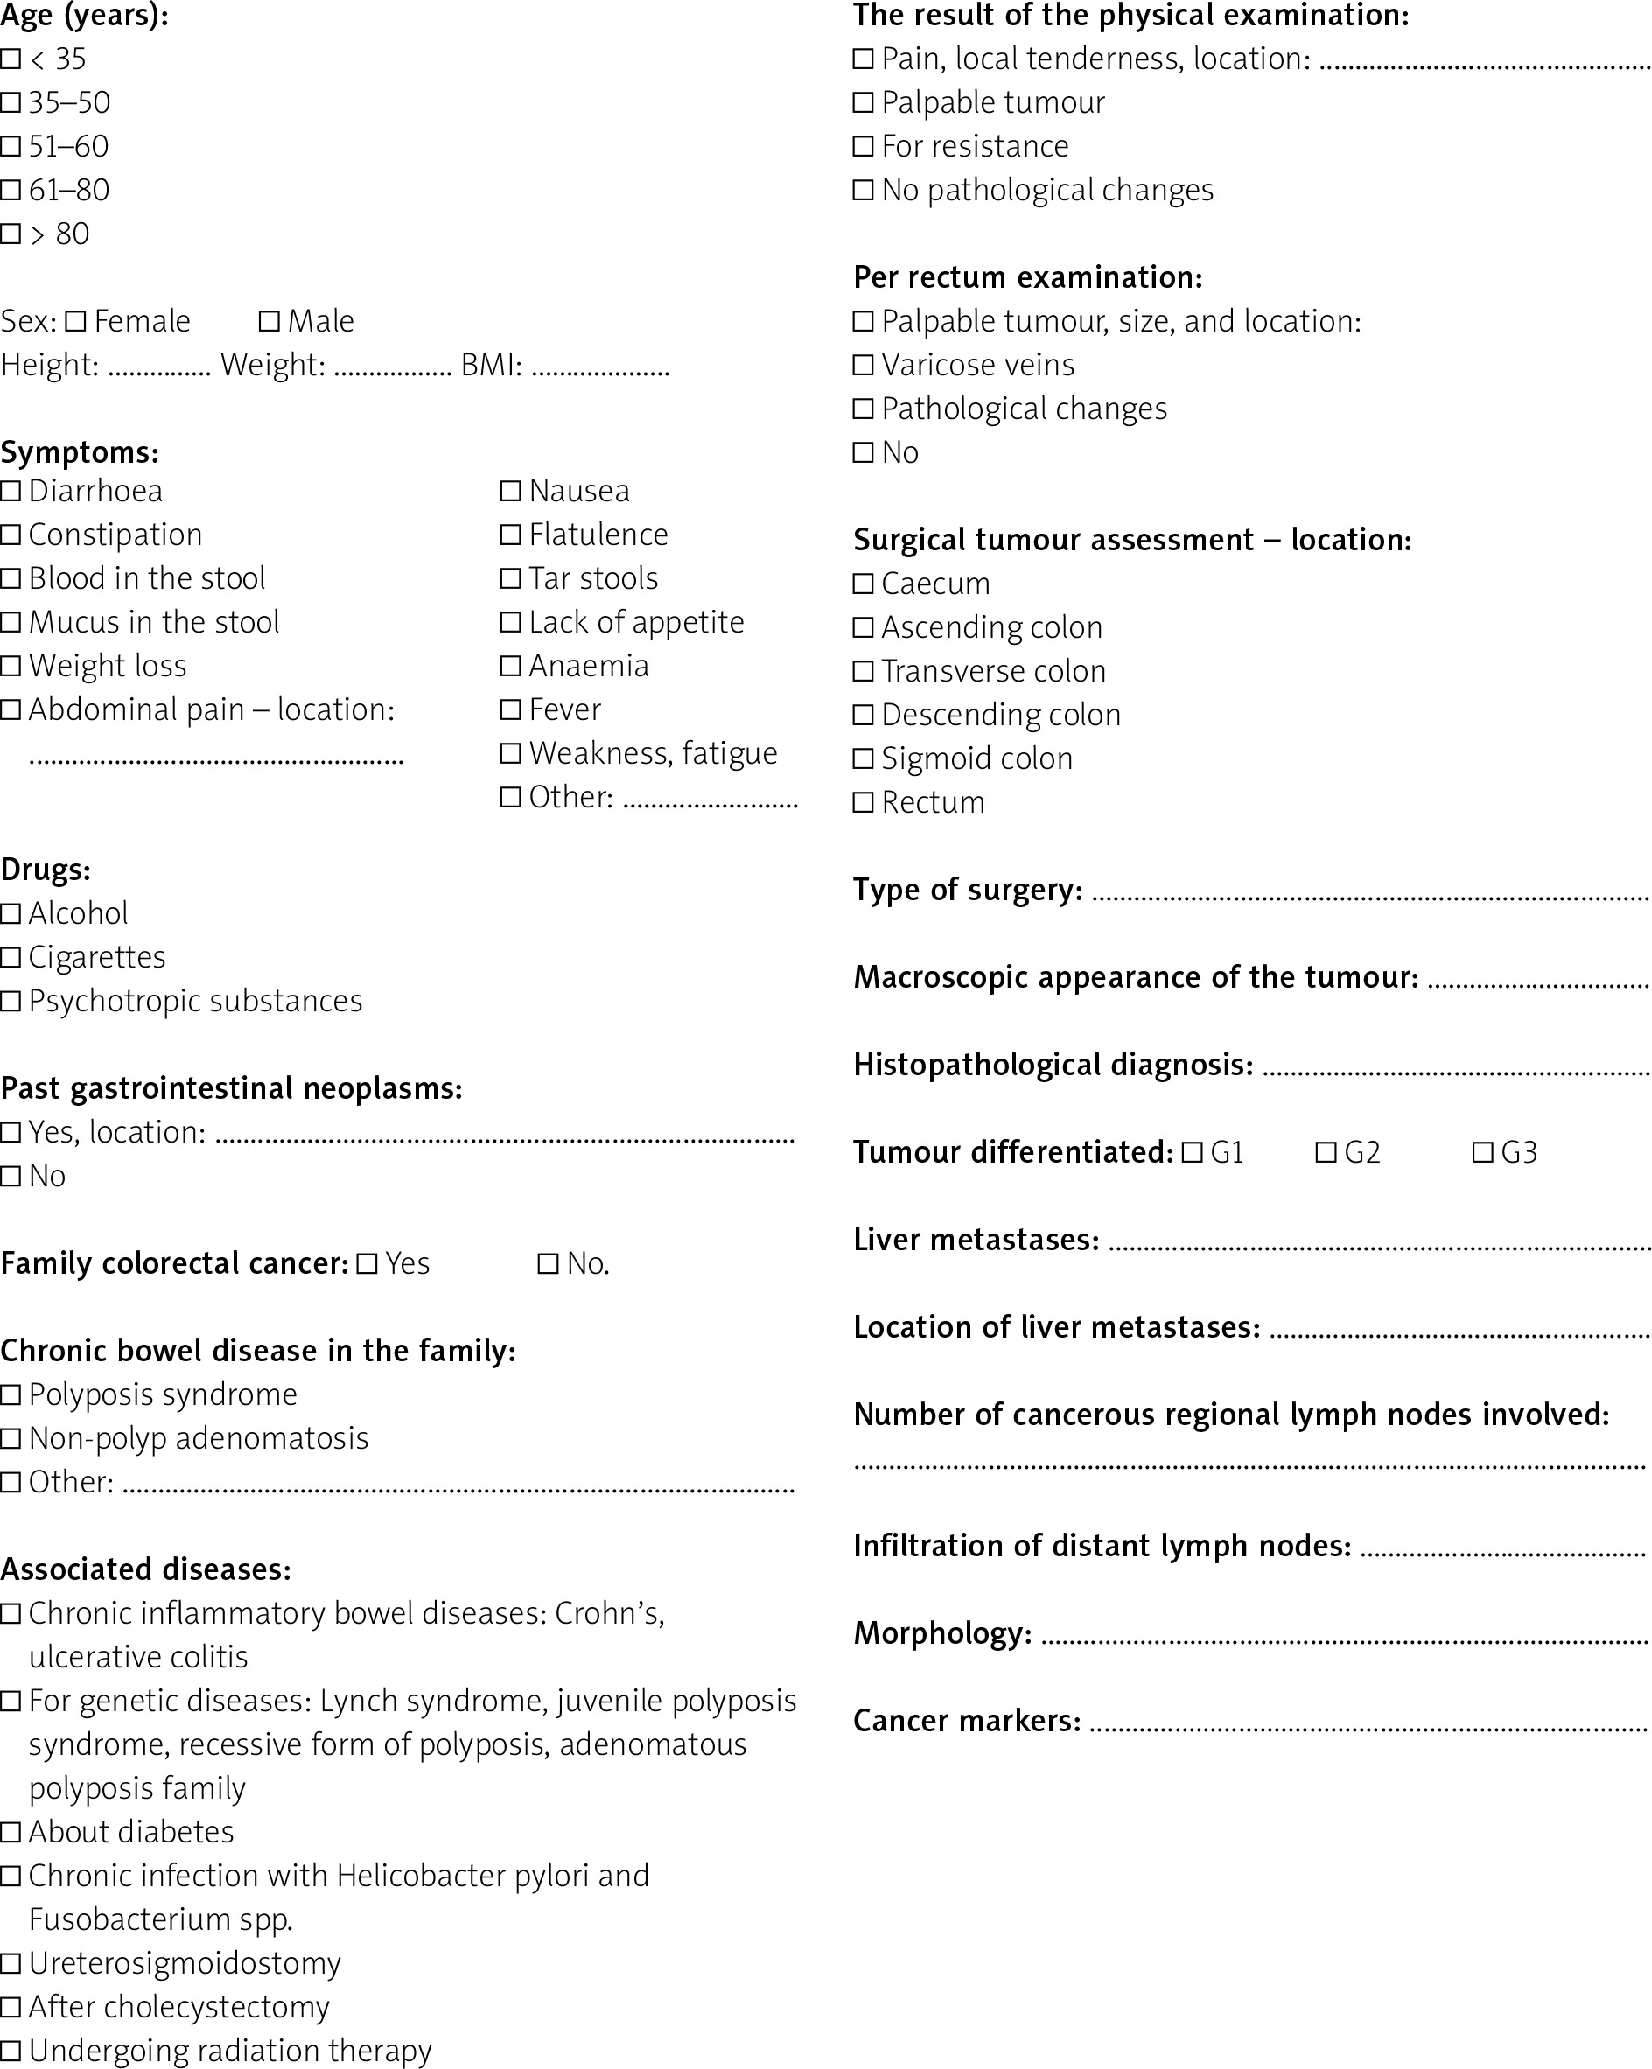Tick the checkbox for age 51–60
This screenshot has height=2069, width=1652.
point(10,147)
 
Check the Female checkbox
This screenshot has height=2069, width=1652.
point(76,321)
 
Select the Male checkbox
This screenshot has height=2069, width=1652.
point(269,321)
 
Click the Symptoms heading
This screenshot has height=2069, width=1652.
point(80,452)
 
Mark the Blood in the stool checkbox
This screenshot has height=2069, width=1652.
point(10,578)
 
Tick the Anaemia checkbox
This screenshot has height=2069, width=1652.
point(511,666)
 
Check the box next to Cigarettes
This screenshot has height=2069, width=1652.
point(10,958)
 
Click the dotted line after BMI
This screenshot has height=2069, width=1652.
point(600,370)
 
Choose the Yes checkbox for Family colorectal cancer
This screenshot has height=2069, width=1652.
point(367,1264)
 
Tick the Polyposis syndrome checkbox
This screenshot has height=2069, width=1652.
point(10,1395)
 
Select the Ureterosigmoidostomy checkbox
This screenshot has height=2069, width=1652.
point(10,1963)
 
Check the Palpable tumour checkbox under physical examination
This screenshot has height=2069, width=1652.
point(863,102)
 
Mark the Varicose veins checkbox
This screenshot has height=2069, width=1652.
point(863,366)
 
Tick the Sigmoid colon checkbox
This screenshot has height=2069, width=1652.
point(863,759)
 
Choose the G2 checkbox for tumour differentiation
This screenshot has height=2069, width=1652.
point(1326,1152)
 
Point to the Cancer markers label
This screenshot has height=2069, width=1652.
point(967,1721)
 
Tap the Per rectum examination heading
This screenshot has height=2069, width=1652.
point(1027,277)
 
